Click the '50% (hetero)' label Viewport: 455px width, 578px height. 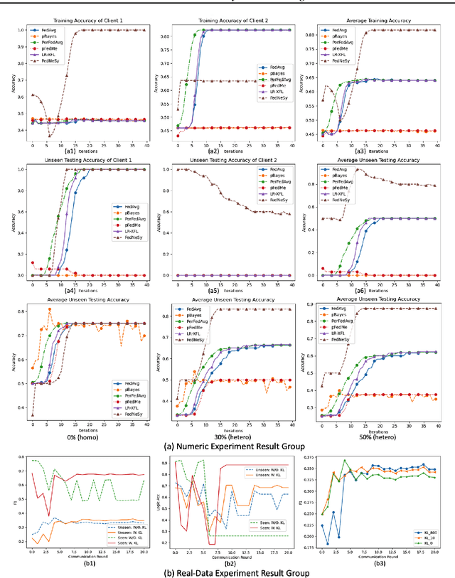pyautogui.click(x=375, y=437)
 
